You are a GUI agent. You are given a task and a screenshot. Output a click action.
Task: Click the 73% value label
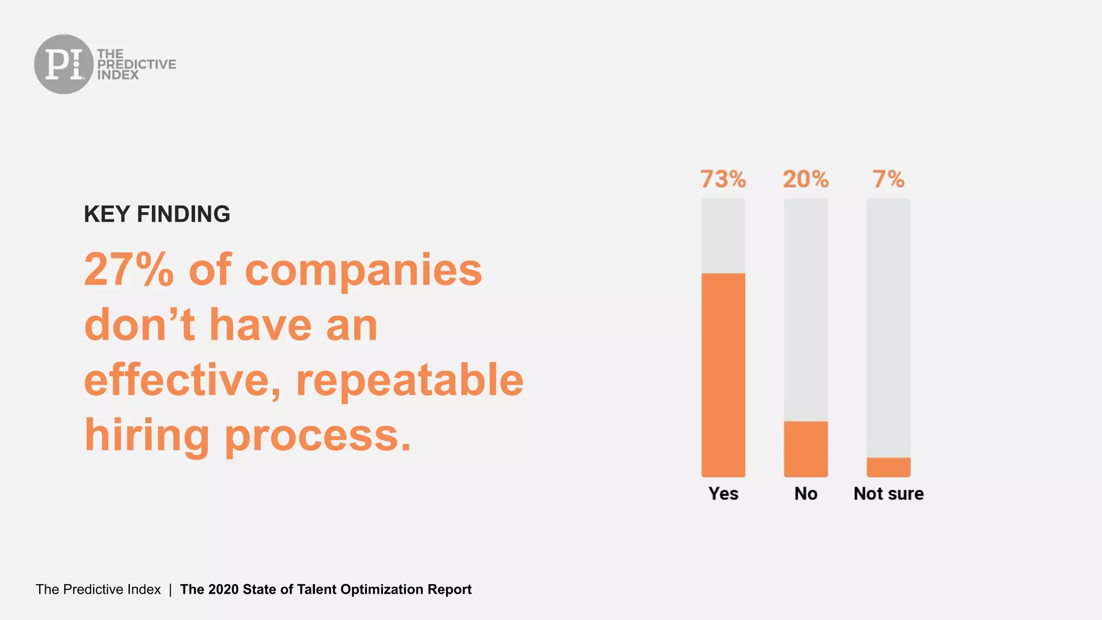pos(723,179)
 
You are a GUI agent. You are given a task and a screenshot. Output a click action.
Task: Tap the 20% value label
pos(806,179)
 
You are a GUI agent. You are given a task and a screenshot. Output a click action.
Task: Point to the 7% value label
pos(888,179)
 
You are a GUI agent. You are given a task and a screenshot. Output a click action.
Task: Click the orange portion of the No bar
pos(806,449)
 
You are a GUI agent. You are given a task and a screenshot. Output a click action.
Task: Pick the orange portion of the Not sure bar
pos(888,467)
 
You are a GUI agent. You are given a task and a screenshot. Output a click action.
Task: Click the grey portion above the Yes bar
pos(723,235)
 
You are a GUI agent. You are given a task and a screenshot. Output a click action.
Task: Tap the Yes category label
pos(723,494)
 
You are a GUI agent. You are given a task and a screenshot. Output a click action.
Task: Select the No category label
pos(806,494)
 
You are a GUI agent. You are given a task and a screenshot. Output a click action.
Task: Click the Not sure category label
pos(888,494)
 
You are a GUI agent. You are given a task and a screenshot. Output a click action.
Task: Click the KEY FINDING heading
pos(157,214)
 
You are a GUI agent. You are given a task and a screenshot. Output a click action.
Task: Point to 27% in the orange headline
pos(129,270)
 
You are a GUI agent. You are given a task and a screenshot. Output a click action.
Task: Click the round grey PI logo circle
pos(63,64)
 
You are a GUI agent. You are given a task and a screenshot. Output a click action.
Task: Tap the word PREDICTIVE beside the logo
pos(136,65)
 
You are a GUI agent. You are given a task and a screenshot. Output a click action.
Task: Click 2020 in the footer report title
pos(223,589)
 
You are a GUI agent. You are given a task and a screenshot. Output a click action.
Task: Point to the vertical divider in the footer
pos(170,590)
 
